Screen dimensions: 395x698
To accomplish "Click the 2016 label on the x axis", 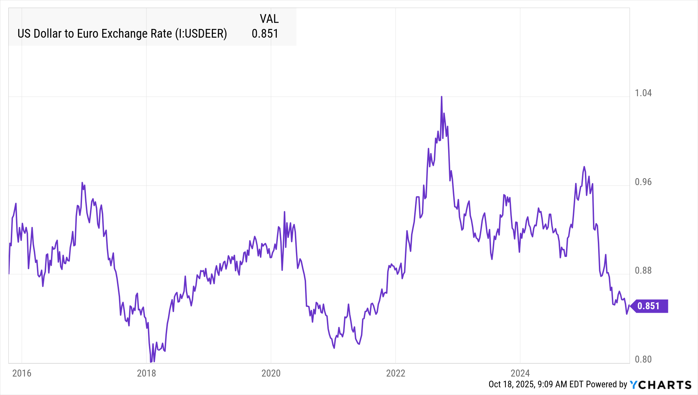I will tap(22, 373).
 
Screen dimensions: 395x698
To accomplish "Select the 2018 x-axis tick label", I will tap(146, 373).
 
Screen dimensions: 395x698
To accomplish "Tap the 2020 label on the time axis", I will tap(271, 373).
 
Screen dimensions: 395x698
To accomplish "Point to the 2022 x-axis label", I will tap(395, 373).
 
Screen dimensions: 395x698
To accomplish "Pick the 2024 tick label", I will tap(520, 373).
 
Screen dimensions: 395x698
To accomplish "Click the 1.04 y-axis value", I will tap(643, 93).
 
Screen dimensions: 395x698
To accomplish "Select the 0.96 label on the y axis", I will tap(643, 182).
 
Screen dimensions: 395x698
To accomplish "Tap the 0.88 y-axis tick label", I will tap(643, 271).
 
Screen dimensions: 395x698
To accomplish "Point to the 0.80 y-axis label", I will tap(643, 359).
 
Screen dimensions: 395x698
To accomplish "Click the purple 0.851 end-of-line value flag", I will tap(649, 306).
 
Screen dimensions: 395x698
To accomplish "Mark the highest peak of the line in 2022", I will tap(441, 97).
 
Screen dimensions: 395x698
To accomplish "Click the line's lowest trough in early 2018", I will tap(151, 362).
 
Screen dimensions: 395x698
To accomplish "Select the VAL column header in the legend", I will tap(269, 19).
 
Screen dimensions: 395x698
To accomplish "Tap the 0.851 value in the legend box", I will tap(265, 34).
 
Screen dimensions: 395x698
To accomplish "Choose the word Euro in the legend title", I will tap(87, 34).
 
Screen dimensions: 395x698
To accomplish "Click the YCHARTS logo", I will tap(660, 385).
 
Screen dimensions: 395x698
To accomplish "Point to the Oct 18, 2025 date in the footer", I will tap(511, 384).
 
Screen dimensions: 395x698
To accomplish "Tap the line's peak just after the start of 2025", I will tap(584, 167).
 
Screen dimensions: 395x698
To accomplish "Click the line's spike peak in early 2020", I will tap(284, 212).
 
